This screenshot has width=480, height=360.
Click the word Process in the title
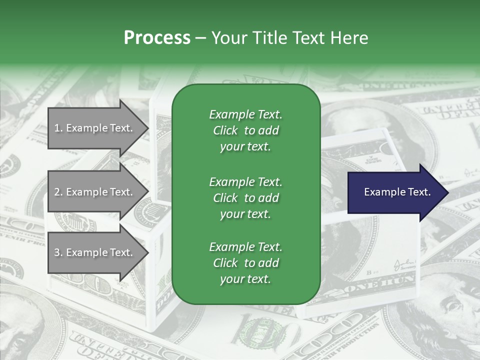pos(157,38)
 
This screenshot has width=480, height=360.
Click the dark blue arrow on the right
pos(395,192)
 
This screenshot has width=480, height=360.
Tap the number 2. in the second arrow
pos(58,192)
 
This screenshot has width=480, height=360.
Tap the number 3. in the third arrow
pos(58,252)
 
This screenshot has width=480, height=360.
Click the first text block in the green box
pos(245,130)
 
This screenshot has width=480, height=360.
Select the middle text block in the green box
pos(245,198)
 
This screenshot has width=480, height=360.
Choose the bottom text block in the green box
pos(245,263)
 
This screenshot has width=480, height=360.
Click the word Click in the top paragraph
pos(225,131)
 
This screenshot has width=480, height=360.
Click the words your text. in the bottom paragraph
pos(245,279)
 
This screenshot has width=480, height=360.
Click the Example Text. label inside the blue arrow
pos(397,192)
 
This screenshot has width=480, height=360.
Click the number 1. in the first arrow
pos(58,128)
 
